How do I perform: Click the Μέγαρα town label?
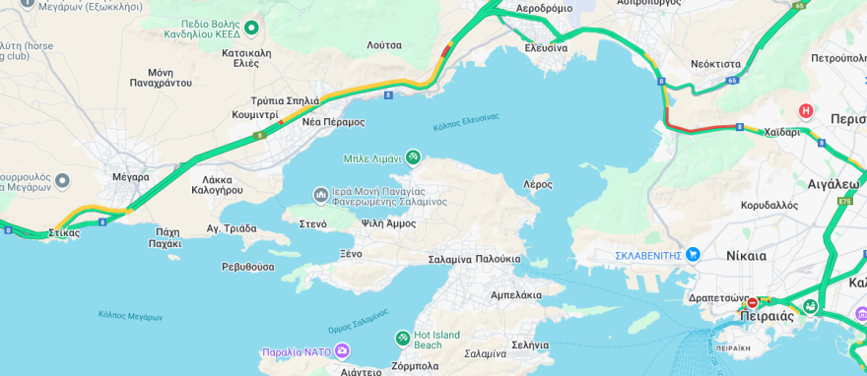(x=130, y=177)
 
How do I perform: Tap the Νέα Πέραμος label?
(x=333, y=122)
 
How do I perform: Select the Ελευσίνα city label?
(x=545, y=47)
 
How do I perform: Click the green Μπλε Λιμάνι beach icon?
(x=413, y=157)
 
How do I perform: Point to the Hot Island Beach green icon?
(x=402, y=339)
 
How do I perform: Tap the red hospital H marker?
(x=806, y=111)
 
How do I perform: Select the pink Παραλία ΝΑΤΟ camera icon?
(x=342, y=351)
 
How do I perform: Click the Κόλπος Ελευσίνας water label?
(x=465, y=122)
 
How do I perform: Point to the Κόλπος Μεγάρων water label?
(x=130, y=316)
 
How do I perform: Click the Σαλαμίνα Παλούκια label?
(x=474, y=259)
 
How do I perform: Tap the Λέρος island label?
(x=537, y=184)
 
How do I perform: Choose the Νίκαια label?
(x=746, y=256)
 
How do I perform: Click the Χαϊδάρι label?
(x=781, y=132)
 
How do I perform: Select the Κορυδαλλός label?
(x=768, y=206)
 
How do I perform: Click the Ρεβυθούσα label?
(x=247, y=267)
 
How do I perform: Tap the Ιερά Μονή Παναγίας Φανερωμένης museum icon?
(x=320, y=195)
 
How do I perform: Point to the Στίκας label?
(x=64, y=233)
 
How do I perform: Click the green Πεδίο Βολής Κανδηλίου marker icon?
(x=250, y=28)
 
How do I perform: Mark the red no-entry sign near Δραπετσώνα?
(x=753, y=303)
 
